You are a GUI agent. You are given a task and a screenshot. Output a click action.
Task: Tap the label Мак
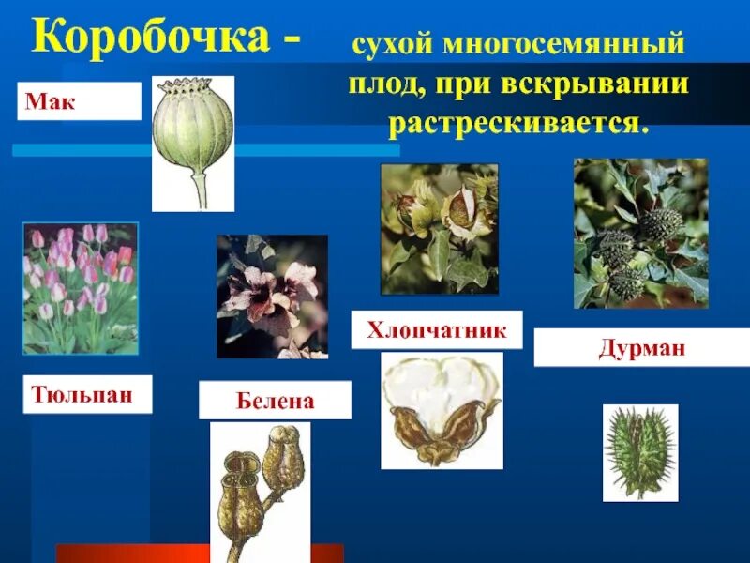pos(51,101)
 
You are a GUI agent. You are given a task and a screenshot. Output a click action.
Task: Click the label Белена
pos(275,401)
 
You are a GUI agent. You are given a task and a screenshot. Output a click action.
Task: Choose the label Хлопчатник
pos(437,330)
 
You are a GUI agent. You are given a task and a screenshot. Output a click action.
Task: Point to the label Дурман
pos(642,348)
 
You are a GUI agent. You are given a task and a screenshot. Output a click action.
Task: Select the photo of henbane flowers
pos(272,297)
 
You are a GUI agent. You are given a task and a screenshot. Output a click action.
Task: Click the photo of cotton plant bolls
pos(439,229)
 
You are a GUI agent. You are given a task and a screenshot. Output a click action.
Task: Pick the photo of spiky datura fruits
pos(640,234)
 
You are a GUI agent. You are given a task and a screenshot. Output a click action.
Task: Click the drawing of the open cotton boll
pos(442,410)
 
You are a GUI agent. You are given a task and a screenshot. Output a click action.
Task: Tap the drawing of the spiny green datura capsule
pos(639,452)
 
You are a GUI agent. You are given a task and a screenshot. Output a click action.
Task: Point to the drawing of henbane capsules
pos(259,488)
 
